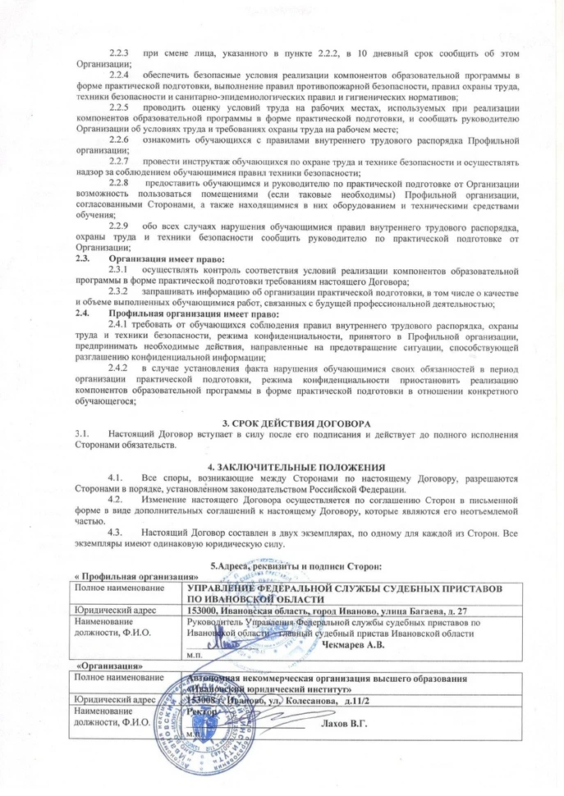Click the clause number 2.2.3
(x=119, y=53)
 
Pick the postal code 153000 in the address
(x=204, y=611)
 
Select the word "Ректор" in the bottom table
(x=202, y=711)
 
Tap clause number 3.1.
(x=80, y=432)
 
